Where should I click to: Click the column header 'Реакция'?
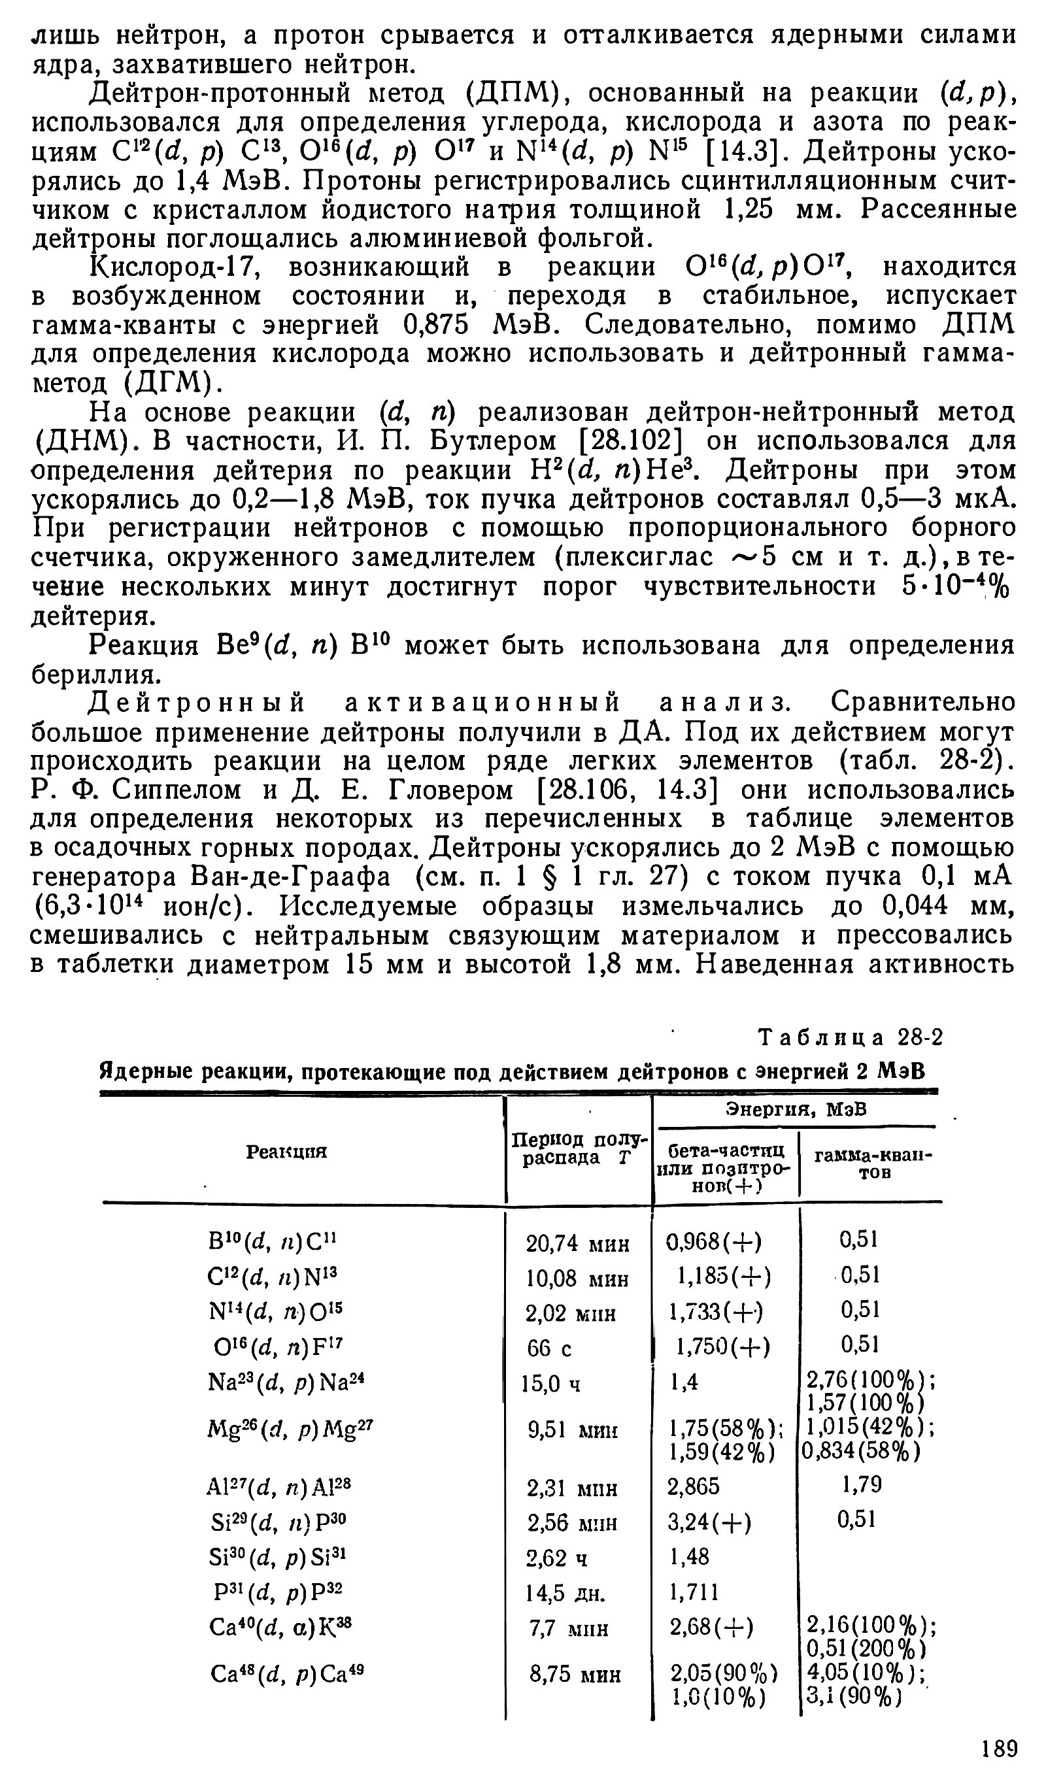(286, 1151)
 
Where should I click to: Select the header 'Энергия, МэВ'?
(796, 1111)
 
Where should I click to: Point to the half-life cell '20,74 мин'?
(577, 1244)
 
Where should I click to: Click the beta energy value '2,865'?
(694, 1486)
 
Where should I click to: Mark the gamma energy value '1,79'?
(862, 1485)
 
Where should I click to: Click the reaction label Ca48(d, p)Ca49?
(287, 1673)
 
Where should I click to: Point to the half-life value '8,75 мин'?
(575, 1675)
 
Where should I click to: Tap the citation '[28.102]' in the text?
(632, 441)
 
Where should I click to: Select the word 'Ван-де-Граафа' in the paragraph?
(290, 877)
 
